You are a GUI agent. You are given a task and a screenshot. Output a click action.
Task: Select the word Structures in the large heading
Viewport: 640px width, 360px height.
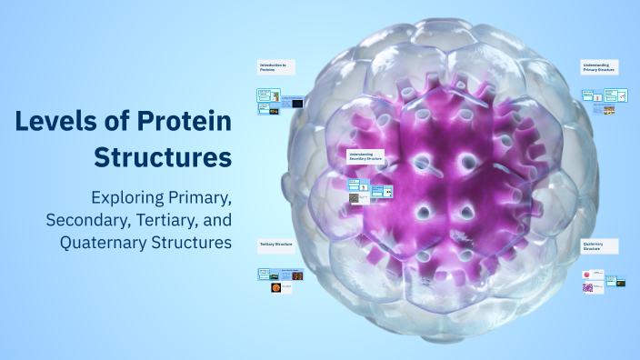[x=163, y=156]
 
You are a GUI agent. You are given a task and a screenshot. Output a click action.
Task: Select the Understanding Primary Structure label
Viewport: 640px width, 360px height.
[x=599, y=67]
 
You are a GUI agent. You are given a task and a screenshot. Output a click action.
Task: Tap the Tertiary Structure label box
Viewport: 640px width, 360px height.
[x=276, y=245]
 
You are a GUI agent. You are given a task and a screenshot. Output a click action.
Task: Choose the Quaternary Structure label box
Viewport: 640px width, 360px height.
[x=599, y=245]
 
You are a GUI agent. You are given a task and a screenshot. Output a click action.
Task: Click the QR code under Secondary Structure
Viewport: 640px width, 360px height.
[x=354, y=197]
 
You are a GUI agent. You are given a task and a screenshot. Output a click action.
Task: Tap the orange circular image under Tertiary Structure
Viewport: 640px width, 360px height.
[x=275, y=288]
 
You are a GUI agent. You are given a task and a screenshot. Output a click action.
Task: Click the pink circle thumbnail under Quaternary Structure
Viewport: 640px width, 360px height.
[x=587, y=275]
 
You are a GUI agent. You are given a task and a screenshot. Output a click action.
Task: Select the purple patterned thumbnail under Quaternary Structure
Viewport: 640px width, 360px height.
[x=587, y=288]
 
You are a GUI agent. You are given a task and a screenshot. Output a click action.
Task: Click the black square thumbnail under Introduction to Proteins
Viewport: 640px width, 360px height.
[x=298, y=104]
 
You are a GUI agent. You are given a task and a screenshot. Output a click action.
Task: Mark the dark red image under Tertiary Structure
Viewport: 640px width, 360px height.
[x=297, y=275]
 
